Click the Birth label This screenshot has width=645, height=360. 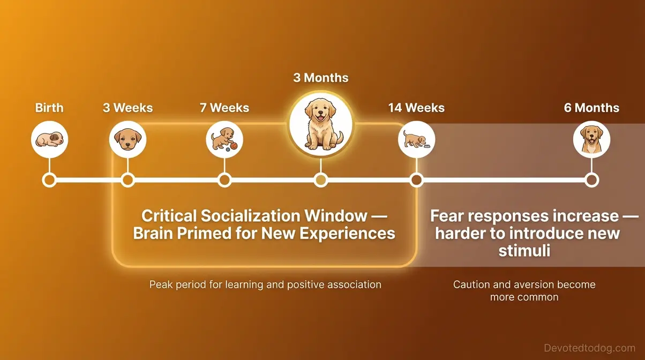(x=49, y=108)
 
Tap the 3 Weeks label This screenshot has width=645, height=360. (x=128, y=108)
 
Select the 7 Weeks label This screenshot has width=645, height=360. (x=224, y=108)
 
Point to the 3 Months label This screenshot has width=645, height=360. (x=321, y=78)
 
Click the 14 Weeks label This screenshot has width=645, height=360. (x=416, y=108)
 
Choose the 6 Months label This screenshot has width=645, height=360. (x=591, y=108)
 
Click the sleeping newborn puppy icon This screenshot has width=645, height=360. (x=49, y=139)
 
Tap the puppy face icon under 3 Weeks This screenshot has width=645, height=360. (x=127, y=139)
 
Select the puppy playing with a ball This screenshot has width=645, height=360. (x=224, y=139)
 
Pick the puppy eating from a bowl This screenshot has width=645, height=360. (x=416, y=139)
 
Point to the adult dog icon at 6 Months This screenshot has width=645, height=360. (x=591, y=139)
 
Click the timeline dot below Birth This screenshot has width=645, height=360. (x=49, y=180)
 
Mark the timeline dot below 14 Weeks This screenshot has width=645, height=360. (x=416, y=180)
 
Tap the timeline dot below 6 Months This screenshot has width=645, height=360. (x=591, y=180)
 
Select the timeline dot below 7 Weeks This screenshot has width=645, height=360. (x=224, y=180)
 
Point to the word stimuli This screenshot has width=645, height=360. (x=524, y=250)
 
